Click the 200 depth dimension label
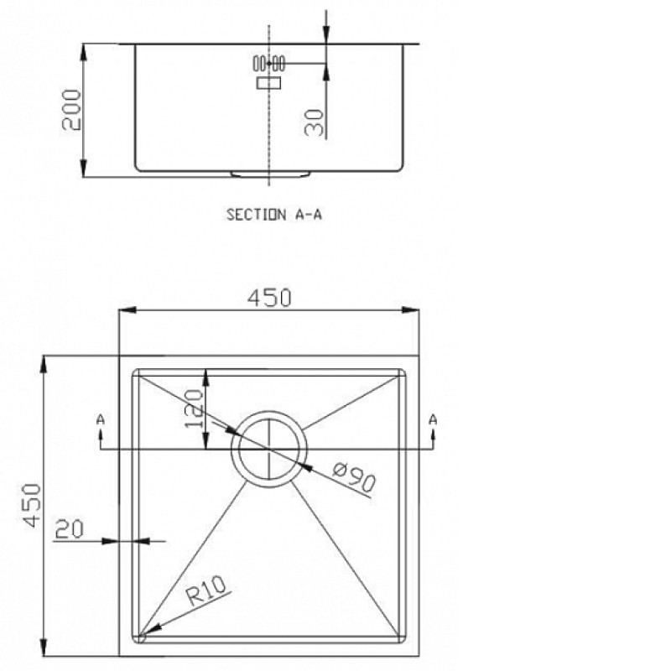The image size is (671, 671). point(71,110)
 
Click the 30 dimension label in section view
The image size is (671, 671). point(314,122)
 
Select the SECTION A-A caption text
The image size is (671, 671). point(274,214)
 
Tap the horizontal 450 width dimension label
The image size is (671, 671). point(269,298)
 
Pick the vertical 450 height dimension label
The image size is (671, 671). point(32,506)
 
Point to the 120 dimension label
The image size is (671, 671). point(194,408)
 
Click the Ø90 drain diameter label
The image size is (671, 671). point(354,476)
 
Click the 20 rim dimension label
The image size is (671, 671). point(69,529)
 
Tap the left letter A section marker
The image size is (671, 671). point(100,419)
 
